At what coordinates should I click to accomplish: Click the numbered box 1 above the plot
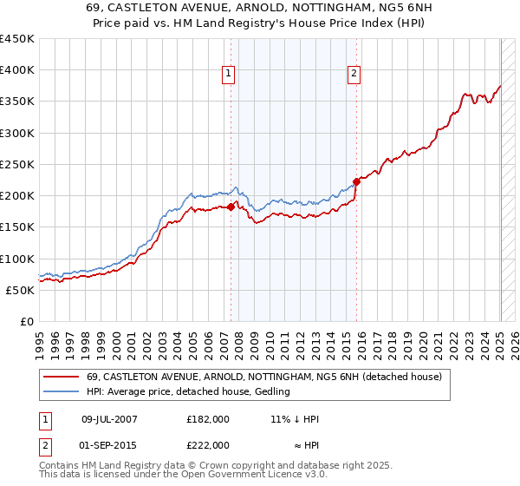pyautogui.click(x=228, y=75)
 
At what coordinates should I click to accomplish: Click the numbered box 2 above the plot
pyautogui.click(x=354, y=75)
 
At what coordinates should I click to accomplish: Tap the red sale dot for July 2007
pyautogui.click(x=231, y=207)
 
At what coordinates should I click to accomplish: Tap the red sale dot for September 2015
pyautogui.click(x=356, y=181)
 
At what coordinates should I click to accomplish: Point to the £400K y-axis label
pyautogui.click(x=17, y=70)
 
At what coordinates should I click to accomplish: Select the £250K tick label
pyautogui.click(x=17, y=164)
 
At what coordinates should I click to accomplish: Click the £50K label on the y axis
pyautogui.click(x=21, y=290)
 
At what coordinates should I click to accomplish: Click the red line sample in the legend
pyautogui.click(x=62, y=377)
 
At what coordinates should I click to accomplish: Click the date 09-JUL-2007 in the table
pyautogui.click(x=109, y=418)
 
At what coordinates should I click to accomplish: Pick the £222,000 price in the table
pyautogui.click(x=208, y=444)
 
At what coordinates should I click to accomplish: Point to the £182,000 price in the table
pyautogui.click(x=208, y=418)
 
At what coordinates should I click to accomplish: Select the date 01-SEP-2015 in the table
pyautogui.click(x=109, y=444)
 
